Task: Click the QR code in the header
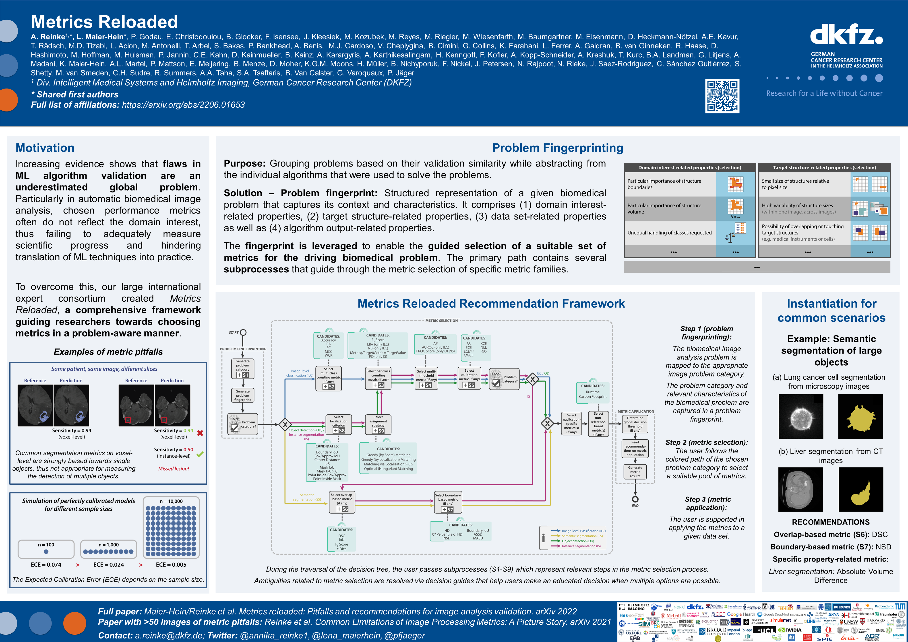[x=722, y=96]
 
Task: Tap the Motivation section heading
[x=45, y=148]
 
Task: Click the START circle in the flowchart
[x=243, y=332]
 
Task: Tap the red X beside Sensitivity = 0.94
[x=200, y=433]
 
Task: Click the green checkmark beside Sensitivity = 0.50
[x=200, y=454]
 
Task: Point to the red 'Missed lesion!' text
[x=174, y=469]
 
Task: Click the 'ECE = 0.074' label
[x=46, y=564]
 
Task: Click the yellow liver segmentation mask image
[x=860, y=489]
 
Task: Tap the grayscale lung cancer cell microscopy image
[x=801, y=416]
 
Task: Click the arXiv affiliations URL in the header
[x=183, y=105]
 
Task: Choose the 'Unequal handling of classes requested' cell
[x=670, y=233]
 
